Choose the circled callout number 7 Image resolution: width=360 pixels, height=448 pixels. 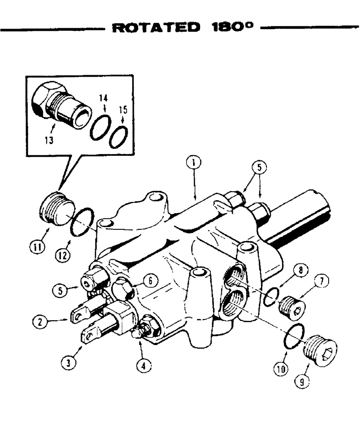321,282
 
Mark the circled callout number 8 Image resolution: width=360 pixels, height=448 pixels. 299,271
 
